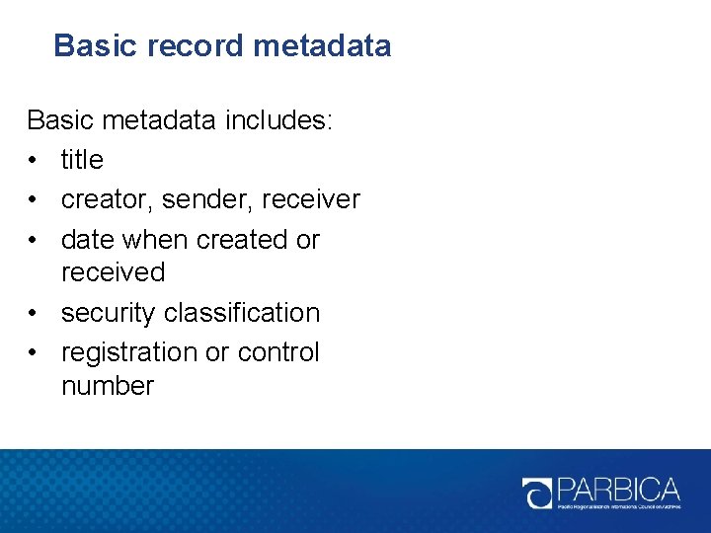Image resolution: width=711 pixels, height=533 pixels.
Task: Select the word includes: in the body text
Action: (280, 121)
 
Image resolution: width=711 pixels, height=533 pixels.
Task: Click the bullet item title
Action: (82, 160)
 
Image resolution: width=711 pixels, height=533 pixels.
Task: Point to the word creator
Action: (96, 200)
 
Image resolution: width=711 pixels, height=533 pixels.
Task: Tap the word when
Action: (160, 240)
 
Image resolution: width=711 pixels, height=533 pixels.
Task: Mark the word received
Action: (113, 272)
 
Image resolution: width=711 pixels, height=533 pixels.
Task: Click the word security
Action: (109, 313)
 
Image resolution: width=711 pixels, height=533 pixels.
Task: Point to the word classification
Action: (242, 313)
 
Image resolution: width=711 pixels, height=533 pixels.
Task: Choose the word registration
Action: (129, 352)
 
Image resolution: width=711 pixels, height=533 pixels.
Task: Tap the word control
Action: (279, 352)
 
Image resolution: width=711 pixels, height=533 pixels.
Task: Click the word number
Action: (108, 386)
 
